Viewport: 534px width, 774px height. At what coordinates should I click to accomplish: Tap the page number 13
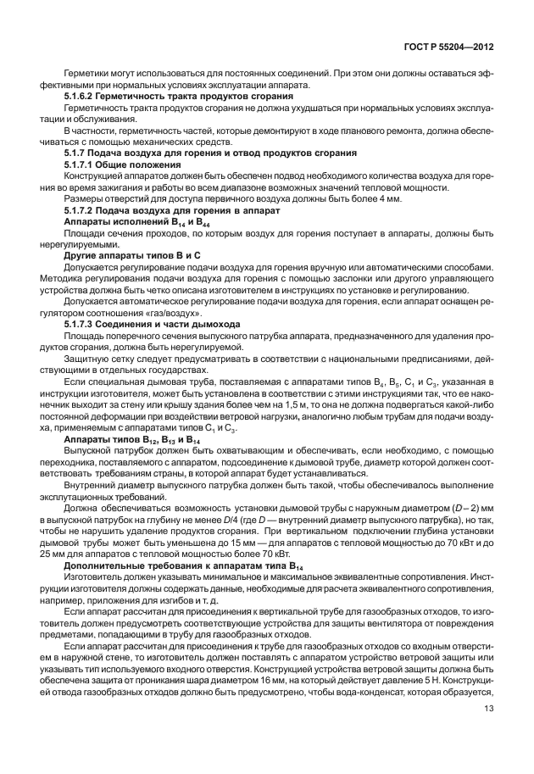click(x=490, y=732)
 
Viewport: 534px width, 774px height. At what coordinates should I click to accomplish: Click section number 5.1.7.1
click(x=83, y=164)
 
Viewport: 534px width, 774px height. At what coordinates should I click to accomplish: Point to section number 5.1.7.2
click(x=83, y=209)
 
